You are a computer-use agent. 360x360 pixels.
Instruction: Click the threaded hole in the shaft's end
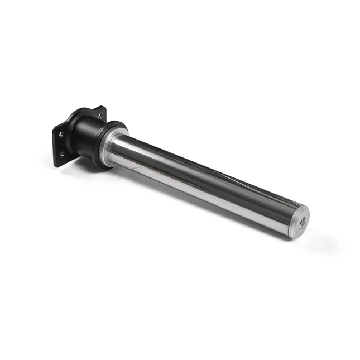[301, 221]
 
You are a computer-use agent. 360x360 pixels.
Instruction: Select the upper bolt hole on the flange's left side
[60, 135]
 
